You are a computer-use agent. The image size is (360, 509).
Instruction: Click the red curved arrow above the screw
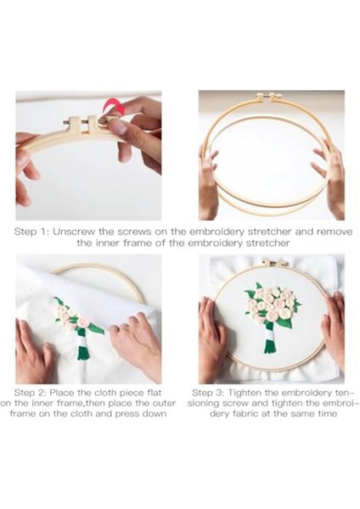(x=114, y=106)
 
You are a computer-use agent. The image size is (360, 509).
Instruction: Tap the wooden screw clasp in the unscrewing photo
(x=82, y=125)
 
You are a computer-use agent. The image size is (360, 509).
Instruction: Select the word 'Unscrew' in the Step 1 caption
(x=74, y=232)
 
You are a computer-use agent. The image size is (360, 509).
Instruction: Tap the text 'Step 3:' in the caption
(x=208, y=393)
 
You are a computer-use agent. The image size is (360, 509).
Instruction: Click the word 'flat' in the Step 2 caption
(x=155, y=393)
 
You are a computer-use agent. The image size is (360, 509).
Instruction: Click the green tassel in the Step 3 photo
(x=269, y=345)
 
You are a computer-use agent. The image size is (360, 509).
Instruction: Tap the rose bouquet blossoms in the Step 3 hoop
(x=273, y=302)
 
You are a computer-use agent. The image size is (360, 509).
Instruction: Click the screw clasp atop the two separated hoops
(x=269, y=96)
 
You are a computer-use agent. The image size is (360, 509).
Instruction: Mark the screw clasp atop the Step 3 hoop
(x=273, y=263)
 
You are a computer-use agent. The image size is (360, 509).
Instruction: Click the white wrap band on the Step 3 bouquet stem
(x=270, y=332)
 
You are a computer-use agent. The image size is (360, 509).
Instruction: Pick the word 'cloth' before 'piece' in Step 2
(x=105, y=393)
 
